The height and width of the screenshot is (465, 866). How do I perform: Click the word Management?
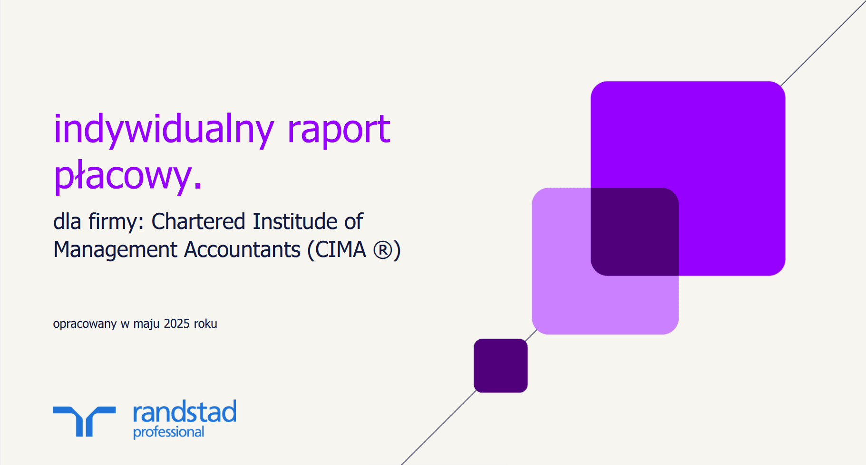116,250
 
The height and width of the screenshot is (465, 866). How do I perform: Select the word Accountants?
243,250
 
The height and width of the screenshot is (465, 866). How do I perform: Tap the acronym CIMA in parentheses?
341,250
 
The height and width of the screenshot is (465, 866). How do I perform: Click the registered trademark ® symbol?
383,250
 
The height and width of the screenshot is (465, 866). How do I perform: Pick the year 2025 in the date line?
177,324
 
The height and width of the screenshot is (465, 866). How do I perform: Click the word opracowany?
85,324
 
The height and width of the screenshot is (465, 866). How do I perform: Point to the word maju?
146,324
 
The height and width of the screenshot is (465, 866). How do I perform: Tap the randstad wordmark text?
185,412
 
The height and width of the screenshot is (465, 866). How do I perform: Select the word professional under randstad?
168,432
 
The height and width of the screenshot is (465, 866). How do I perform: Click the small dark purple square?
501,366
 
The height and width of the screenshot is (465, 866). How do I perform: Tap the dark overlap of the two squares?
634,232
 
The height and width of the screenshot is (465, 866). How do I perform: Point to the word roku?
205,324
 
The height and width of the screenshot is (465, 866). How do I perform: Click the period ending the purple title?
198,186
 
